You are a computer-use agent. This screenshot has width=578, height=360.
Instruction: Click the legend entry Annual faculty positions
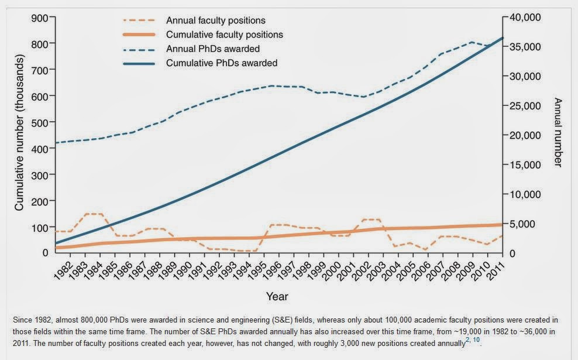215,21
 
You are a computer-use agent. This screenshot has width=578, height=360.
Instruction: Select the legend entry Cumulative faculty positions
225,35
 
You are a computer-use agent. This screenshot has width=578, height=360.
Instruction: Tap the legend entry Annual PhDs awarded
213,49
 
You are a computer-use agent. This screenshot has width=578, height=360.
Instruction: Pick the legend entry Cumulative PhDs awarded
222,63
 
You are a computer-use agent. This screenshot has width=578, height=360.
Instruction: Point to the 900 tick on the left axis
39,18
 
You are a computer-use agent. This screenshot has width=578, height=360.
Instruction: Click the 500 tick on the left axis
39,122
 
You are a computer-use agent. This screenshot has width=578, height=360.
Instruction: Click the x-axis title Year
277,297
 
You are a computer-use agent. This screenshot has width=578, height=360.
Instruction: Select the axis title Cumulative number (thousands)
19,134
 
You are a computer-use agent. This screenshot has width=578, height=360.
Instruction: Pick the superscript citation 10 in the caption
476,340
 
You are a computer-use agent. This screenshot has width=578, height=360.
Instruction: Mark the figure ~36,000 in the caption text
527,332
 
